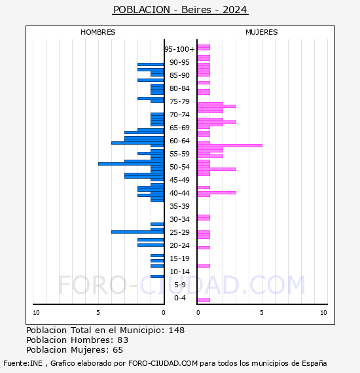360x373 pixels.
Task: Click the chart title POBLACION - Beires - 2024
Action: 180,10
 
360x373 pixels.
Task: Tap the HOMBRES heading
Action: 98,32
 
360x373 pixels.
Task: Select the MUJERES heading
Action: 262,32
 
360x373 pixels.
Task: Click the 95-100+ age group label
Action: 179,49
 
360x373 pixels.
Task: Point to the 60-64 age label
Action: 179,141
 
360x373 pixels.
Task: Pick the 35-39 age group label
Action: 179,206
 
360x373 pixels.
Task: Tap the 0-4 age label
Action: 180,298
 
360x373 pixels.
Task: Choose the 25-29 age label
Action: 179,232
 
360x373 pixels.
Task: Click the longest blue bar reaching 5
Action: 131,164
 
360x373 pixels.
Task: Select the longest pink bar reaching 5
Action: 230,145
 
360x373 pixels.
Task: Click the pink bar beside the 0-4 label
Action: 204,300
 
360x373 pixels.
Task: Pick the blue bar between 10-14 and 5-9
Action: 157,276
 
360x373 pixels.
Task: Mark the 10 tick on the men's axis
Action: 36,313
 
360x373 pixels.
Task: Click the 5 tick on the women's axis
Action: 262,313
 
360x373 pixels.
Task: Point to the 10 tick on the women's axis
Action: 323,313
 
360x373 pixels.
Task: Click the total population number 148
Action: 177,330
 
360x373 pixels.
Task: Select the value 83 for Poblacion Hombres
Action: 123,340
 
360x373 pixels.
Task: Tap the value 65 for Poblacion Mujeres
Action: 118,350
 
